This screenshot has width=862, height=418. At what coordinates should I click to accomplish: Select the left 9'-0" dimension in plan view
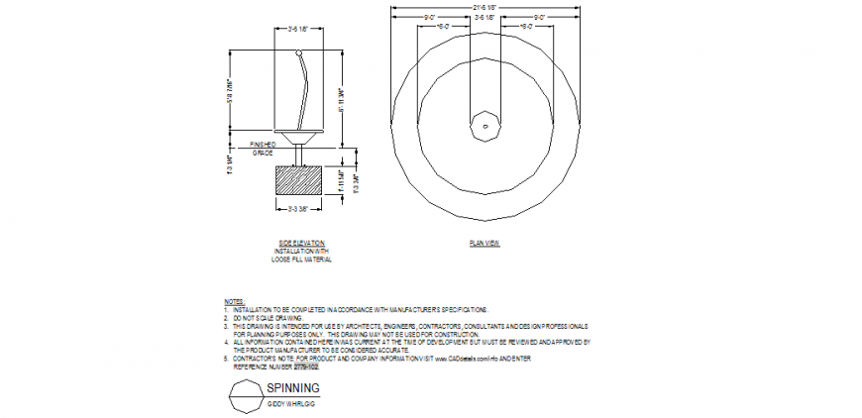pyautogui.click(x=430, y=17)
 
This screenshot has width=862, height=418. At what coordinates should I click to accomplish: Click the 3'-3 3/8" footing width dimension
pyautogui.click(x=300, y=209)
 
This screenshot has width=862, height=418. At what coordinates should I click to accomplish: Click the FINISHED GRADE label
pyautogui.click(x=263, y=149)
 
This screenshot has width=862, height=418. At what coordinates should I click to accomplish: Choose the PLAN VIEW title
pyautogui.click(x=485, y=243)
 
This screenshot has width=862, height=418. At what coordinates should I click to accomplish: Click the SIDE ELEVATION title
pyautogui.click(x=301, y=243)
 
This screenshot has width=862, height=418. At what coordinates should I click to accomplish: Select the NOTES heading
pyautogui.click(x=234, y=301)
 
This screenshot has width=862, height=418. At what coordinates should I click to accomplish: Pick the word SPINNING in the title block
pyautogui.click(x=293, y=388)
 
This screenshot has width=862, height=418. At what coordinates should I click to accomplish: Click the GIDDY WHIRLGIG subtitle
pyautogui.click(x=290, y=404)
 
